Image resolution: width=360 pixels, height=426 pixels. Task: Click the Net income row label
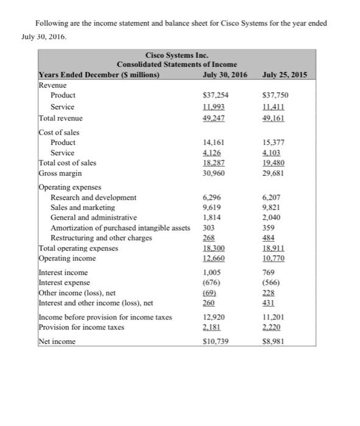(x=57, y=341)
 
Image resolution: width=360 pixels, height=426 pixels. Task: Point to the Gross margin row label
(x=60, y=173)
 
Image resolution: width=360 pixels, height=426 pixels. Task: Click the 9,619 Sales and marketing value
(x=211, y=208)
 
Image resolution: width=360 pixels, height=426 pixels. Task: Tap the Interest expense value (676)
(x=211, y=282)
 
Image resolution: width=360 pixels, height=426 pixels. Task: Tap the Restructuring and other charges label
(x=101, y=237)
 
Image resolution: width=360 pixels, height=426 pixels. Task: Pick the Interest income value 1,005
(x=211, y=273)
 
